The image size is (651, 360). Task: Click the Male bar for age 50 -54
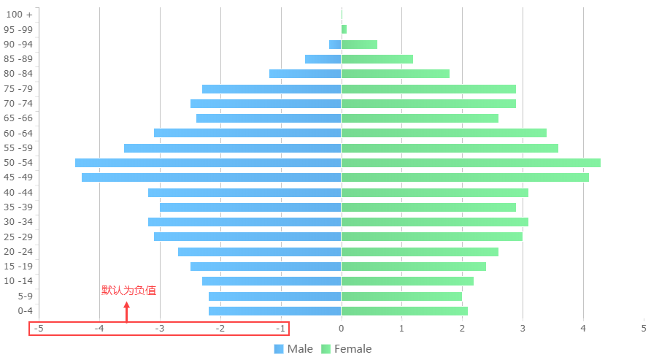tap(208, 163)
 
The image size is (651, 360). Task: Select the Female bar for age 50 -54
tap(471, 163)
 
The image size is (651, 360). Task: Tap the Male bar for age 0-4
tap(274, 311)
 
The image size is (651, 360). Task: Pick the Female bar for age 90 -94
tap(359, 45)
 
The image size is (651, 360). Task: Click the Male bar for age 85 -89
tap(323, 59)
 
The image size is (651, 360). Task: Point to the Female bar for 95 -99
tap(344, 29)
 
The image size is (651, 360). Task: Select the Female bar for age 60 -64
tap(444, 133)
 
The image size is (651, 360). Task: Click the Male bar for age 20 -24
tap(259, 252)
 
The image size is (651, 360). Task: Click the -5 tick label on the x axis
tap(38, 329)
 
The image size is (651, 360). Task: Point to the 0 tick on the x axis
tap(341, 329)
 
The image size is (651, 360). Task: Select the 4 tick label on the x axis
tap(583, 329)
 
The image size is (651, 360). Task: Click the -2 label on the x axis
tap(220, 329)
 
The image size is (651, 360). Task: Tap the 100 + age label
tap(18, 15)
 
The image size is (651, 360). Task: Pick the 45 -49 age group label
tap(18, 177)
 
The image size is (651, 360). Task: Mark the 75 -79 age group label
tap(18, 89)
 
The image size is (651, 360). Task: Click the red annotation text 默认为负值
tap(128, 291)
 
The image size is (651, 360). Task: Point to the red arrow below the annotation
tap(127, 312)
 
